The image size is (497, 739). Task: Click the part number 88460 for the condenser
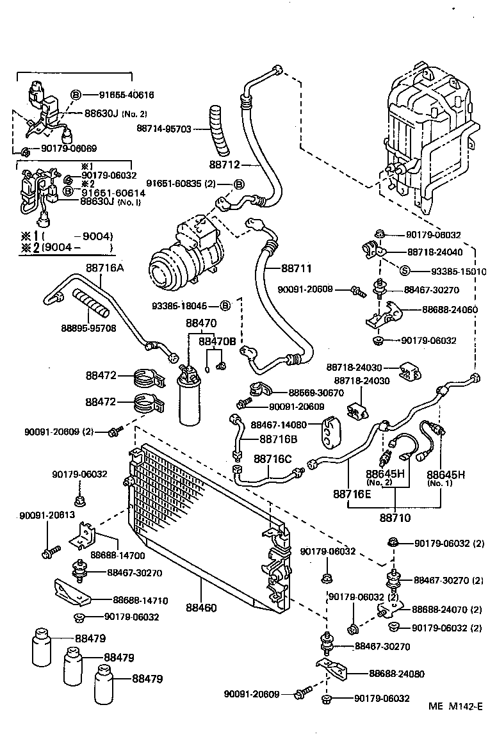click(201, 608)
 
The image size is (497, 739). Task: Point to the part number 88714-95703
click(163, 128)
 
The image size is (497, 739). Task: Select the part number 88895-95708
click(88, 329)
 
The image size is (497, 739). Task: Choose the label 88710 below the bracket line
click(395, 517)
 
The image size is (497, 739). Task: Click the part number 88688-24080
click(396, 674)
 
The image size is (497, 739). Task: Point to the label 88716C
click(272, 459)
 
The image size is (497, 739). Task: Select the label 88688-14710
click(140, 600)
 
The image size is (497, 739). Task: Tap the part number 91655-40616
click(126, 95)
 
